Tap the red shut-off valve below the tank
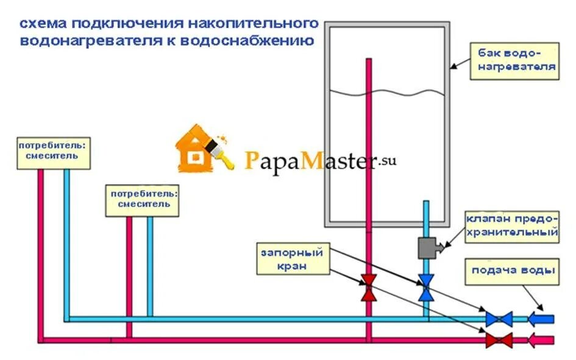pos(369,288)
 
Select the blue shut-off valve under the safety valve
pos(426,288)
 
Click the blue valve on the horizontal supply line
pos(499,319)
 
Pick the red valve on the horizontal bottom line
pos(499,339)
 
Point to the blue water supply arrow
pos(541,319)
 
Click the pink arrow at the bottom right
pos(541,339)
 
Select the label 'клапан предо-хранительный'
pos(512,225)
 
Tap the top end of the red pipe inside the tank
pos(369,60)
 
